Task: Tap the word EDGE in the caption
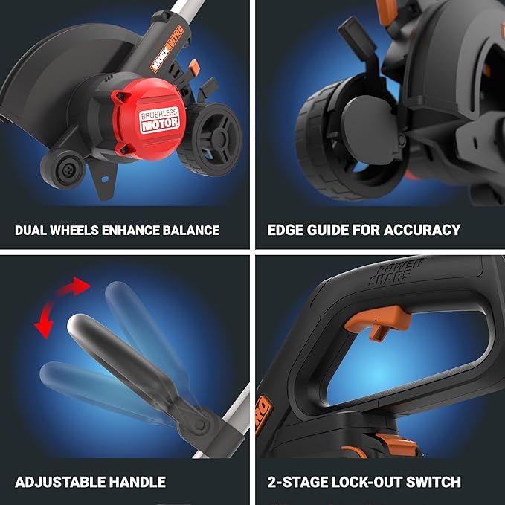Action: coord(284,230)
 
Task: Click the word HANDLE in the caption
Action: coord(136,482)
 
